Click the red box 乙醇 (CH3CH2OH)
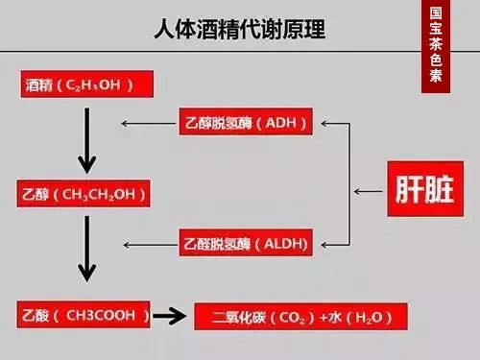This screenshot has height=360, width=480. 84,195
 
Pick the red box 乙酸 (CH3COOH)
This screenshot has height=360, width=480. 84,314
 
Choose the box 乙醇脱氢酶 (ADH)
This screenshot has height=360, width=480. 247,124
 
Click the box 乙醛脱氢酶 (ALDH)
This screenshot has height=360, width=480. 247,244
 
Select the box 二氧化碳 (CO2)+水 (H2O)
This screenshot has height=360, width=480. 301,316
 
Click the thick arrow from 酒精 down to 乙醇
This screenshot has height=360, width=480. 87,139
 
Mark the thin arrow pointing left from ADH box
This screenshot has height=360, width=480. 149,124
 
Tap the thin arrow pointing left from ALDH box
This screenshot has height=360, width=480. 149,244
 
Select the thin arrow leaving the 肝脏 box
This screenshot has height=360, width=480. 368,191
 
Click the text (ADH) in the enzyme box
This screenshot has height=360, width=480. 287,124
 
